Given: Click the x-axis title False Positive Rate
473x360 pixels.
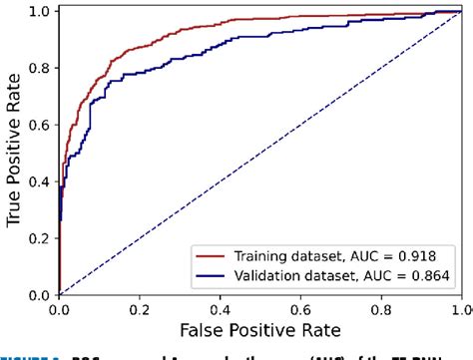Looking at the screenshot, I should click(x=261, y=329).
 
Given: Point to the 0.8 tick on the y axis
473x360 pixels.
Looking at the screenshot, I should click(x=38, y=69).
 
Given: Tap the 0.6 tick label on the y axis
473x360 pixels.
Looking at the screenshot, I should click(x=38, y=126).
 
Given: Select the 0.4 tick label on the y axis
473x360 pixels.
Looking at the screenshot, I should click(x=38, y=182).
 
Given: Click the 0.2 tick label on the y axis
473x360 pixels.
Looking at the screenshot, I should click(x=38, y=239).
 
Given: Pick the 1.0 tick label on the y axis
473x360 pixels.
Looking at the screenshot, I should click(x=38, y=12).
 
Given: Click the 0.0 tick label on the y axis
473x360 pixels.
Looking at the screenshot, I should click(x=38, y=295).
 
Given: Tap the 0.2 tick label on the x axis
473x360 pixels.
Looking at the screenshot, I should click(x=141, y=309).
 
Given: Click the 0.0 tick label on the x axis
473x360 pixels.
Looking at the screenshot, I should click(x=60, y=309).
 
